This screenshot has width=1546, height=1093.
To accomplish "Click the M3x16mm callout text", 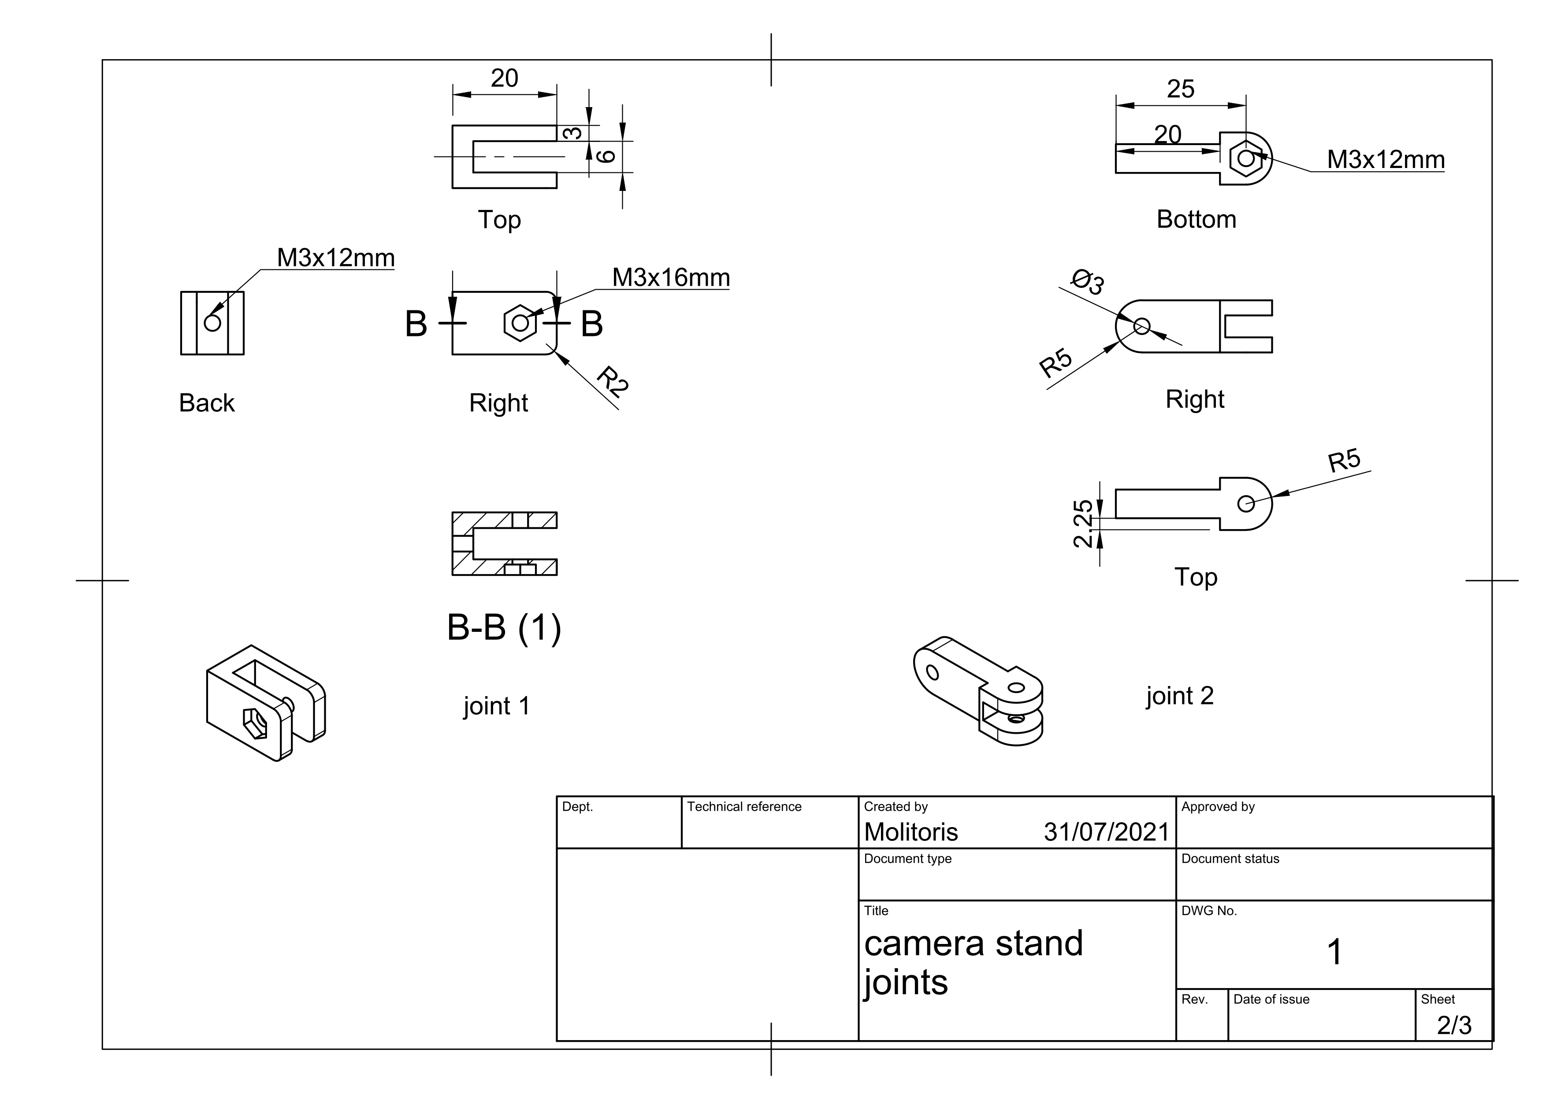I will coord(671,277).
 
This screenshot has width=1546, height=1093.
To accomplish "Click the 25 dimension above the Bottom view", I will coord(1180,89).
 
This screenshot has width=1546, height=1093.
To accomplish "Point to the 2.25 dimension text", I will coord(1083,523).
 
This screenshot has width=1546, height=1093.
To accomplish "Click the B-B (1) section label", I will coord(504,628).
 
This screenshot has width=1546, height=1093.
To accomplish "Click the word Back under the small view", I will coord(207,403).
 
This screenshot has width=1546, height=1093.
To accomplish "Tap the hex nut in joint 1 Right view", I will coord(520,323).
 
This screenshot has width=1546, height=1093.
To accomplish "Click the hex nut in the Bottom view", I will coord(1246,159).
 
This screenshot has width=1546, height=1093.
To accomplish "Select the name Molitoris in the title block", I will coord(911,832).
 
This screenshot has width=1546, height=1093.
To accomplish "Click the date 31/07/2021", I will coord(1106,832).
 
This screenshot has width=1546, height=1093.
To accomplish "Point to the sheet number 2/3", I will coord(1454,1025).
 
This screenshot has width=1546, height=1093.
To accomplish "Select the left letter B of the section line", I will coord(416,324).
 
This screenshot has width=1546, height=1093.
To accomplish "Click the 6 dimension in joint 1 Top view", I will coord(607,156).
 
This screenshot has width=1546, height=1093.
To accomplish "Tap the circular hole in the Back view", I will coord(212,323).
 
